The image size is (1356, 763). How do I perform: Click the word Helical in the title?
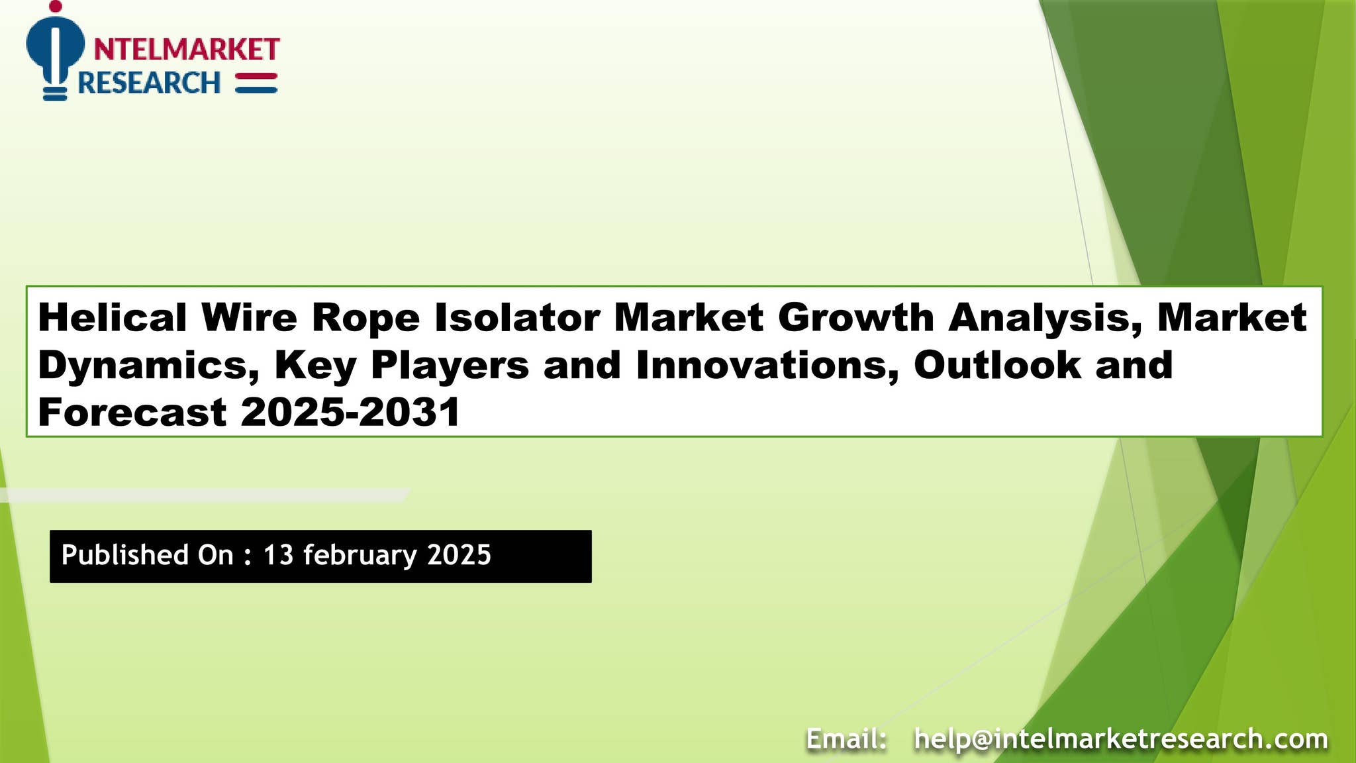coord(113,317)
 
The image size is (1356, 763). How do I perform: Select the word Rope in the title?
coord(365,318)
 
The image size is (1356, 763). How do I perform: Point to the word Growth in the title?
coord(855,317)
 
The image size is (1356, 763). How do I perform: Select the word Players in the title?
coord(450,365)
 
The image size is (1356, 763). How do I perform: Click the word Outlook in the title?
coord(997,365)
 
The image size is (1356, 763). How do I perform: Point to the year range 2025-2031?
coord(350,412)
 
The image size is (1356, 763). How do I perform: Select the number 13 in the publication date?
coord(278,555)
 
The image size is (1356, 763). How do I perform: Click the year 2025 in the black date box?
coord(459,555)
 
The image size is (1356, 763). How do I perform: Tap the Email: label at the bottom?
coord(847,738)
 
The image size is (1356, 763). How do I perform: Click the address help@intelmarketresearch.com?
coord(1120,738)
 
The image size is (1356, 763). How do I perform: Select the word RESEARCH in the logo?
coord(149,83)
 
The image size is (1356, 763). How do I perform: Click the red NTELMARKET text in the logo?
coord(187,49)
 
